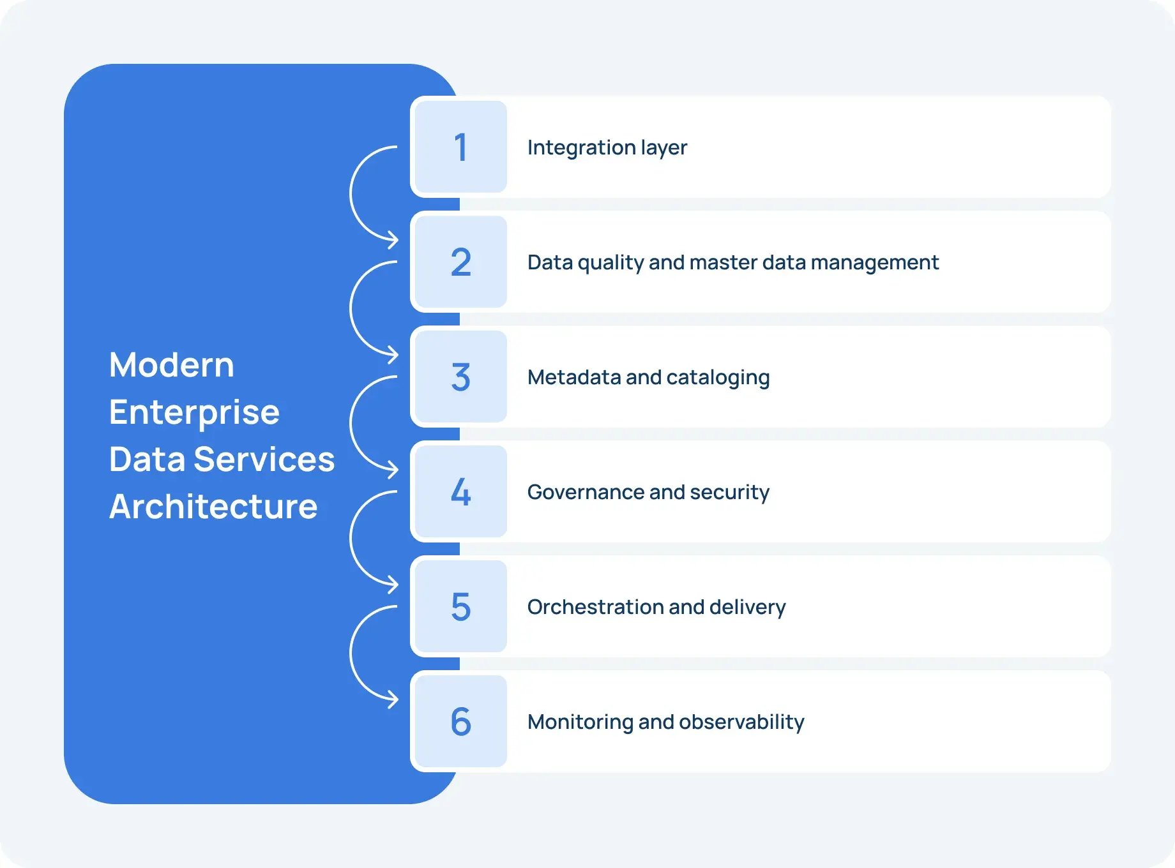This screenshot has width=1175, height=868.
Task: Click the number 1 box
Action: (x=460, y=147)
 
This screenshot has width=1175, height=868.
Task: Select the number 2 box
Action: (x=460, y=262)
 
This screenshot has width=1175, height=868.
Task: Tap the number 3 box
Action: (x=460, y=377)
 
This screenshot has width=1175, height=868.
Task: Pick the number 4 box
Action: (x=460, y=491)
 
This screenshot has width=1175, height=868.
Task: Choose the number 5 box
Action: (x=460, y=606)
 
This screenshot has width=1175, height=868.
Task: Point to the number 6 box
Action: (x=460, y=721)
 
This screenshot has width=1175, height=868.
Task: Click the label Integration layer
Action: (x=607, y=147)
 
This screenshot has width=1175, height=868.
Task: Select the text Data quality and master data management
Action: (x=732, y=262)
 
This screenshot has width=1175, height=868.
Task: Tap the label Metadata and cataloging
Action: (x=648, y=377)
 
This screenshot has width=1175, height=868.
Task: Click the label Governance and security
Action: (x=648, y=492)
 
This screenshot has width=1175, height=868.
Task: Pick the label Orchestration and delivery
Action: (x=656, y=607)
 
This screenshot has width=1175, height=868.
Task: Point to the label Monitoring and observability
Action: (x=665, y=722)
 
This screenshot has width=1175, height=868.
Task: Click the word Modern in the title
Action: (x=172, y=365)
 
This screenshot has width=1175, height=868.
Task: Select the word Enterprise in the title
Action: (x=194, y=412)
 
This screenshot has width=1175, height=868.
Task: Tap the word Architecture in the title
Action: (x=213, y=507)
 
